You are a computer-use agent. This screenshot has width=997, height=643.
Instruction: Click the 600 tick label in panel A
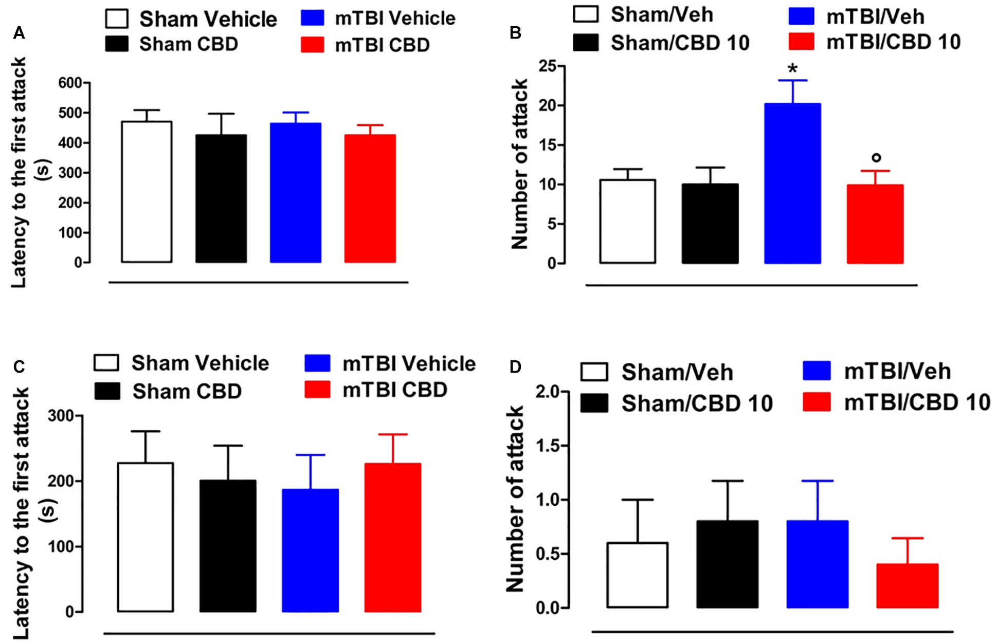[70, 83]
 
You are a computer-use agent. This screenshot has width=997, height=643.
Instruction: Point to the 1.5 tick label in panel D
[548, 446]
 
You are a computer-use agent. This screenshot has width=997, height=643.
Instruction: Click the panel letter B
[515, 33]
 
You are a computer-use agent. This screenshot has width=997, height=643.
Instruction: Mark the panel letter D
[515, 367]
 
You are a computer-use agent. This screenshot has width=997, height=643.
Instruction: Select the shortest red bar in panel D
[908, 586]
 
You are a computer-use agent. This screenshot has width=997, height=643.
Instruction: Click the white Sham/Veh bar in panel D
[638, 575]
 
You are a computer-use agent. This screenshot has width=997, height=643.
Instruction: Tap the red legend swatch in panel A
[313, 45]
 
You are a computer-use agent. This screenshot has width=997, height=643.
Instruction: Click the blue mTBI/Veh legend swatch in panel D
[817, 371]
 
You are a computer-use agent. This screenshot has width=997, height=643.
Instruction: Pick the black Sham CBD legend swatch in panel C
[107, 391]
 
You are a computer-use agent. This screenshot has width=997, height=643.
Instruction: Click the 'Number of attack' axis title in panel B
[520, 164]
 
